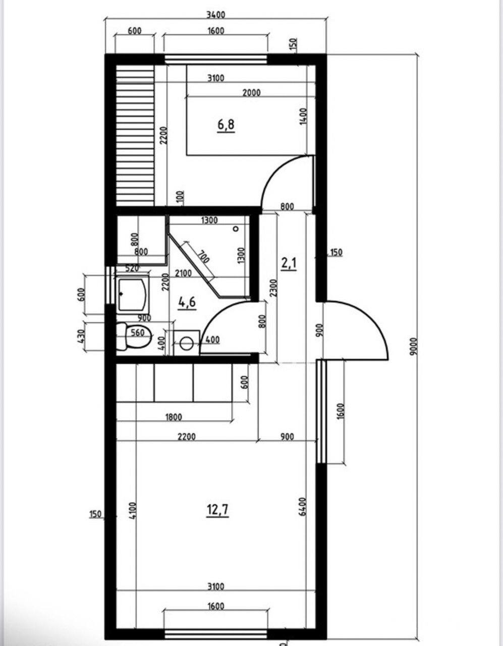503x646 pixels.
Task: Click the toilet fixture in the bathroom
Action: pyautogui.click(x=134, y=336)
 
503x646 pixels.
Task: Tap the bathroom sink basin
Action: pyautogui.click(x=133, y=294)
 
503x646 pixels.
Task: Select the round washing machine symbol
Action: pyautogui.click(x=187, y=343)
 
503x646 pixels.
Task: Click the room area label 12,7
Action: pyautogui.click(x=218, y=510)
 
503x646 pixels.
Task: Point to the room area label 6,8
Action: pyautogui.click(x=226, y=125)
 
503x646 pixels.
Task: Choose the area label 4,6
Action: pyautogui.click(x=187, y=302)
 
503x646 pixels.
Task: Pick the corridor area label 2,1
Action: pyautogui.click(x=289, y=263)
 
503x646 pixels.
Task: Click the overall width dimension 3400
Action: pyautogui.click(x=216, y=14)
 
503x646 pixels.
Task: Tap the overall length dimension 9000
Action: pyautogui.click(x=414, y=346)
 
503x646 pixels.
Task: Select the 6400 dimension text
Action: pyautogui.click(x=302, y=506)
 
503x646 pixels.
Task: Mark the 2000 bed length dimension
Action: pyautogui.click(x=251, y=93)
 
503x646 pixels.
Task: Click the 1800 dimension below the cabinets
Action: pyautogui.click(x=174, y=417)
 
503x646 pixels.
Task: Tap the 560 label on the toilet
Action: pyautogui.click(x=138, y=333)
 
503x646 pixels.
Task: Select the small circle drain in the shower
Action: pyautogui.click(x=236, y=229)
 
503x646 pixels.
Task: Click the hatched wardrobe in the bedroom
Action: pyautogui.click(x=135, y=135)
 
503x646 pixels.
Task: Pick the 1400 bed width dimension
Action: pyautogui.click(x=303, y=117)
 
